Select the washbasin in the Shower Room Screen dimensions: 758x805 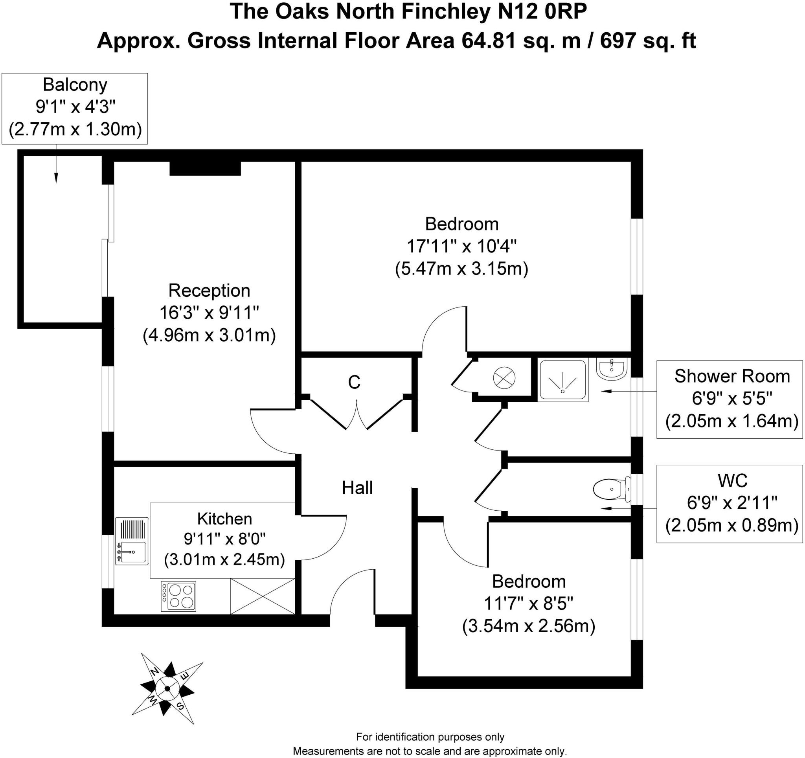pyautogui.click(x=612, y=368)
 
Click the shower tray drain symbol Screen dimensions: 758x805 pyautogui.click(x=562, y=391)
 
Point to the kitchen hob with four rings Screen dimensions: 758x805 pyautogui.click(x=178, y=596)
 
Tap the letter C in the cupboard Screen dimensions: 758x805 pyautogui.click(x=354, y=382)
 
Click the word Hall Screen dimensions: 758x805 pyautogui.click(x=357, y=488)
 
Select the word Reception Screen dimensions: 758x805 pyautogui.click(x=209, y=290)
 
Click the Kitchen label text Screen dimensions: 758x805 pyautogui.click(x=224, y=519)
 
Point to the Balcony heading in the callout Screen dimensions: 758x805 pyautogui.click(x=75, y=85)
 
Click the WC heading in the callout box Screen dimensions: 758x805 pyautogui.click(x=732, y=481)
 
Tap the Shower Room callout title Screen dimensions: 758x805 pyautogui.click(x=732, y=376)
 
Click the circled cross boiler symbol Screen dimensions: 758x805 pyautogui.click(x=504, y=379)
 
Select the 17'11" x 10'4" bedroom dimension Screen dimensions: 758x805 pyautogui.click(x=461, y=246)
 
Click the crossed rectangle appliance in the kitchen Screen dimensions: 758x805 pyautogui.click(x=263, y=596)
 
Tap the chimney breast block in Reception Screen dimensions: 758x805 pyautogui.click(x=205, y=168)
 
